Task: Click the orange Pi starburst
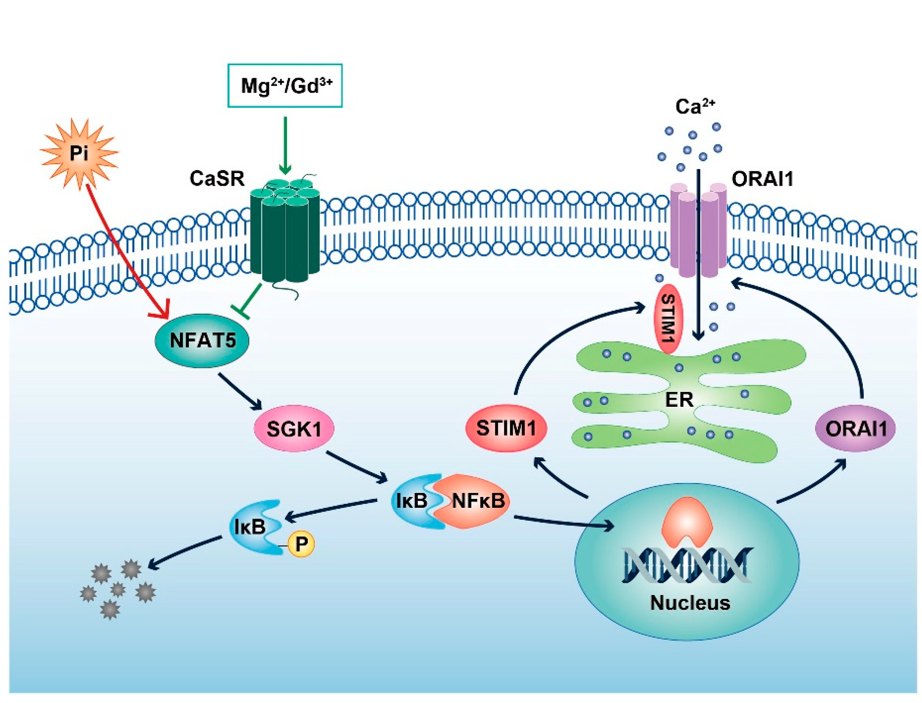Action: click(79, 153)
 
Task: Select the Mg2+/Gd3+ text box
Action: click(285, 86)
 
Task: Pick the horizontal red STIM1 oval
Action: click(506, 428)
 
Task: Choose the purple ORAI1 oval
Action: click(855, 428)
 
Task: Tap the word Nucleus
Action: click(690, 603)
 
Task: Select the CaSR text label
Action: click(217, 179)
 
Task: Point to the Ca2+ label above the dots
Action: click(695, 107)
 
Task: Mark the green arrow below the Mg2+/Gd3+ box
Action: click(285, 145)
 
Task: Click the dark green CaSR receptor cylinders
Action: click(285, 232)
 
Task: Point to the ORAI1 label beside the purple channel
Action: click(762, 179)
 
